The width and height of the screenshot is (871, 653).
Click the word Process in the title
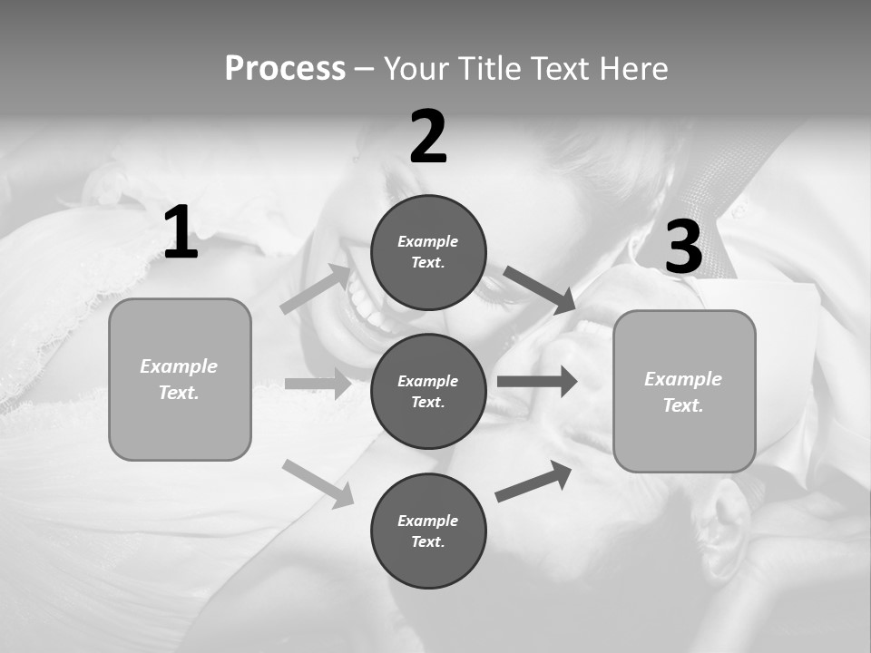[x=285, y=69]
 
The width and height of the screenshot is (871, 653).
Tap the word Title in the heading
[x=489, y=69]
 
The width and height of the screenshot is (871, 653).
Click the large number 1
[x=181, y=233]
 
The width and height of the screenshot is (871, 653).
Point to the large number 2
[x=428, y=137]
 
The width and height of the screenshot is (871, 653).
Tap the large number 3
[x=683, y=248]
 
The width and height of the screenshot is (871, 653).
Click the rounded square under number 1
[x=180, y=379]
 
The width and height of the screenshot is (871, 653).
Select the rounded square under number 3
[x=684, y=391]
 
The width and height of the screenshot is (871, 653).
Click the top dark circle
[x=428, y=252]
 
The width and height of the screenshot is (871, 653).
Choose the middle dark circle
[x=428, y=391]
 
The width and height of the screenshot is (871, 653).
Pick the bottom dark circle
[x=428, y=531]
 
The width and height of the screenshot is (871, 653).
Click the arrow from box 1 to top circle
[x=316, y=288]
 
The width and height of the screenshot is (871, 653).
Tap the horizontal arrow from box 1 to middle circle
[x=318, y=384]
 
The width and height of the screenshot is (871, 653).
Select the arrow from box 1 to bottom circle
[x=318, y=482]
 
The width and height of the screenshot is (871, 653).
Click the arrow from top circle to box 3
[x=539, y=289]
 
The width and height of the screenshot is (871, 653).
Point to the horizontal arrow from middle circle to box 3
[x=536, y=381]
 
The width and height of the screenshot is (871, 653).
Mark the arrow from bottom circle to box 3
[x=533, y=481]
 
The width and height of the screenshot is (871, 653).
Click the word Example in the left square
[x=179, y=366]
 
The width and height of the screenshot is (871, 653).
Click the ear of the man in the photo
[x=728, y=529]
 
